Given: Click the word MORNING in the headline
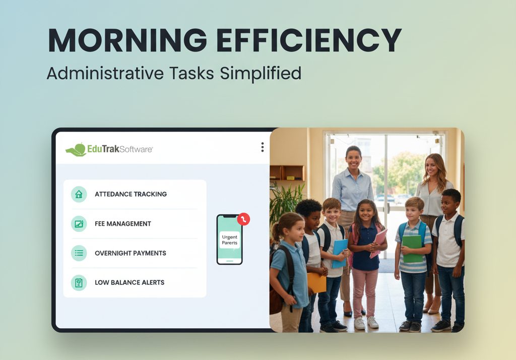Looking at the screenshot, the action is [127, 40].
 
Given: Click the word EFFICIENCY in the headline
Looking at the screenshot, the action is [309, 40].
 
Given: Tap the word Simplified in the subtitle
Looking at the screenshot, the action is [261, 74].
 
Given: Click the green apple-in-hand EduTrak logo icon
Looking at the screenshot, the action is [76, 150].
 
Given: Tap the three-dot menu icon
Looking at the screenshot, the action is [262, 147].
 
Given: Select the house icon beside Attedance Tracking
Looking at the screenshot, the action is [79, 194].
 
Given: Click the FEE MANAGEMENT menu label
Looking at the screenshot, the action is [123, 224].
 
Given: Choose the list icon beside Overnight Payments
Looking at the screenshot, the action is [79, 253].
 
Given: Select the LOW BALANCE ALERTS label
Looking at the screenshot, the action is [130, 282].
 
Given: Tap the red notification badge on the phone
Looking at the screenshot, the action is [243, 219].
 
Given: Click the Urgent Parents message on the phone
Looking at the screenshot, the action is [229, 240].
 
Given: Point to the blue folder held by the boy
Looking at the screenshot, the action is [339, 253].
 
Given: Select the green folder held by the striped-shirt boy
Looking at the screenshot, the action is [412, 249].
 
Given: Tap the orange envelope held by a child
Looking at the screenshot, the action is [316, 282].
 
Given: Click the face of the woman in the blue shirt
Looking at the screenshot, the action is [354, 159].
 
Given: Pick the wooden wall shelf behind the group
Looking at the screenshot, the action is [287, 173].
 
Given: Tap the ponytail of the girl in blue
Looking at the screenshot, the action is [276, 232].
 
